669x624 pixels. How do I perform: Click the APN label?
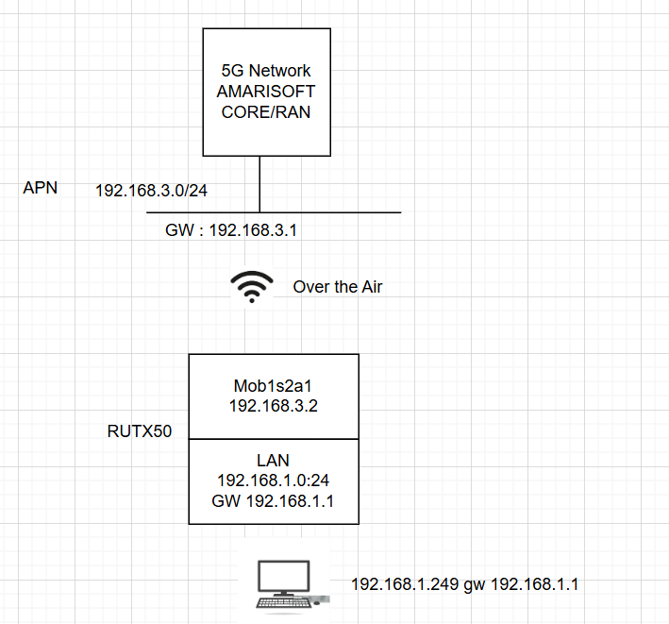[x=41, y=188]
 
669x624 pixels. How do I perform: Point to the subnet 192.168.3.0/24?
[x=152, y=191]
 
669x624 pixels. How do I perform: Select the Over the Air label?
[x=338, y=287]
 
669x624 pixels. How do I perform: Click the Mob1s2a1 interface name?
[x=273, y=385]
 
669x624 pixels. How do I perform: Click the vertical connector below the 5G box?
[x=259, y=183]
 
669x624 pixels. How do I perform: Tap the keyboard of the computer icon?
[x=283, y=603]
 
